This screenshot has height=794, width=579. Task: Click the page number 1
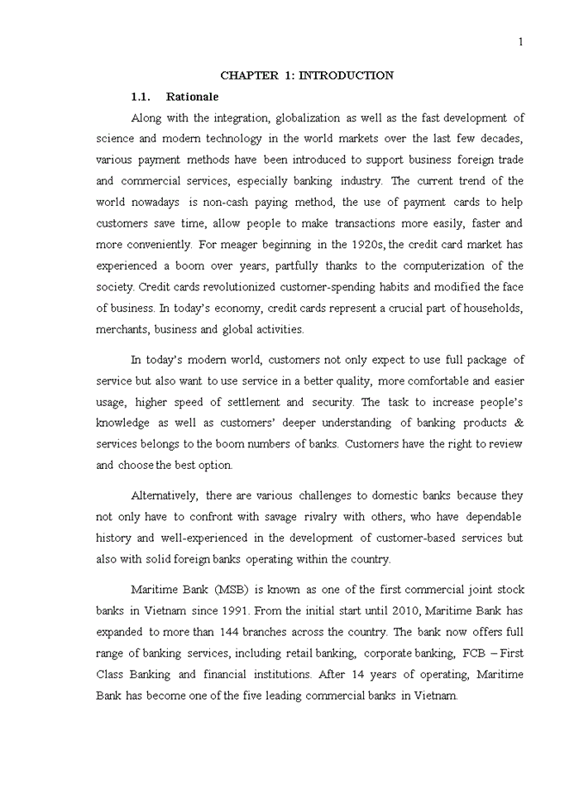[520, 42]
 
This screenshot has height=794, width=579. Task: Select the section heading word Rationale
[192, 97]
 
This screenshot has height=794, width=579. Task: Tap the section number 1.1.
[145, 97]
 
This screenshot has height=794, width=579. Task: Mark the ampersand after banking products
[519, 423]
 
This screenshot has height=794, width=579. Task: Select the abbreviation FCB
[477, 653]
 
